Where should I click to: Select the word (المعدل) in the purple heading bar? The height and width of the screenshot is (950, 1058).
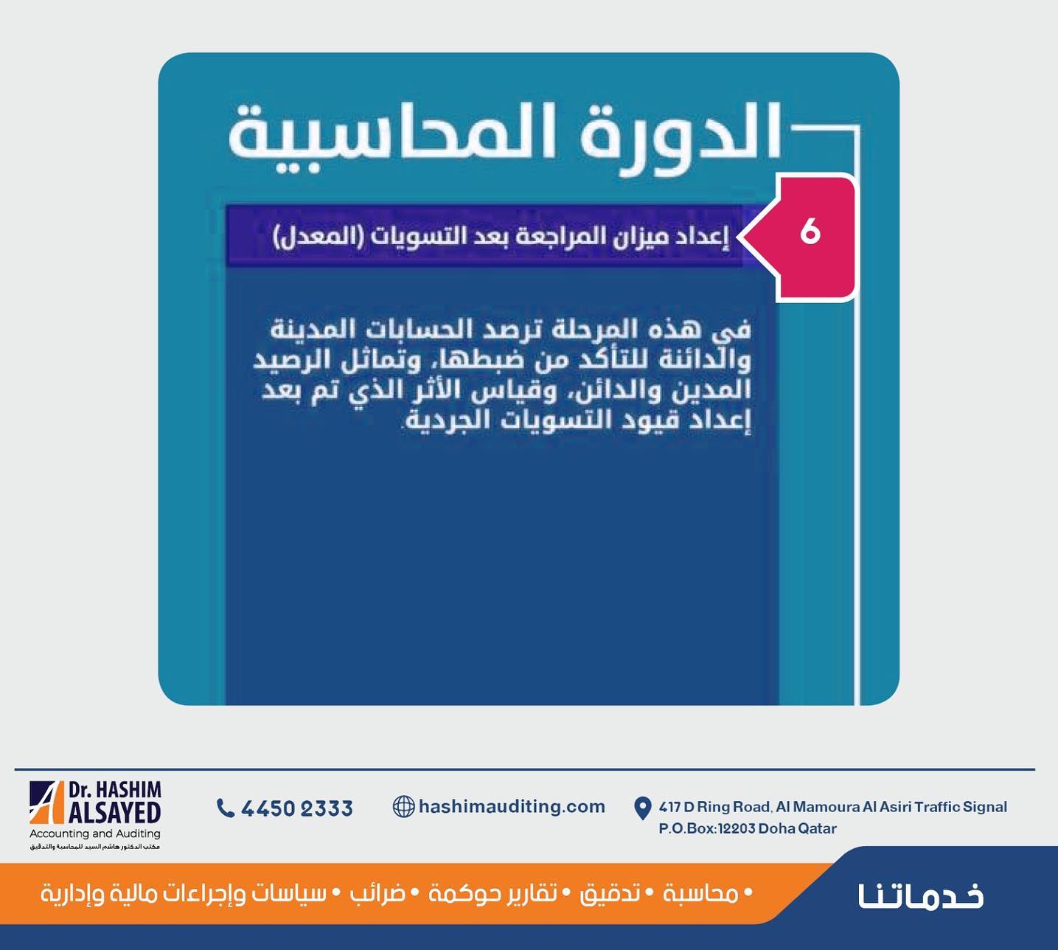[313, 237]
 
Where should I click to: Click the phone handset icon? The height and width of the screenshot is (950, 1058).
[225, 808]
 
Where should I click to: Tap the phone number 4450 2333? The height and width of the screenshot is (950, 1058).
[296, 808]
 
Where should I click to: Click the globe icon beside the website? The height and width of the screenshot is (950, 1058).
[403, 806]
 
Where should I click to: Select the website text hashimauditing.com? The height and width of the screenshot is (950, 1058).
[512, 806]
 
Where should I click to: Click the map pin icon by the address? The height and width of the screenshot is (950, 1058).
[642, 808]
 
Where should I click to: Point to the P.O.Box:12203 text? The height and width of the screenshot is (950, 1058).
[707, 828]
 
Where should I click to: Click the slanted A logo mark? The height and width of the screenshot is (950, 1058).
[46, 802]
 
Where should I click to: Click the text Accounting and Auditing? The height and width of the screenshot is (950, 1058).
[95, 833]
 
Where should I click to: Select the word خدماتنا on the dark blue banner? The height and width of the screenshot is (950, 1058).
[921, 895]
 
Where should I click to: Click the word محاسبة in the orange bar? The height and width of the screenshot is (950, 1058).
[701, 894]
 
